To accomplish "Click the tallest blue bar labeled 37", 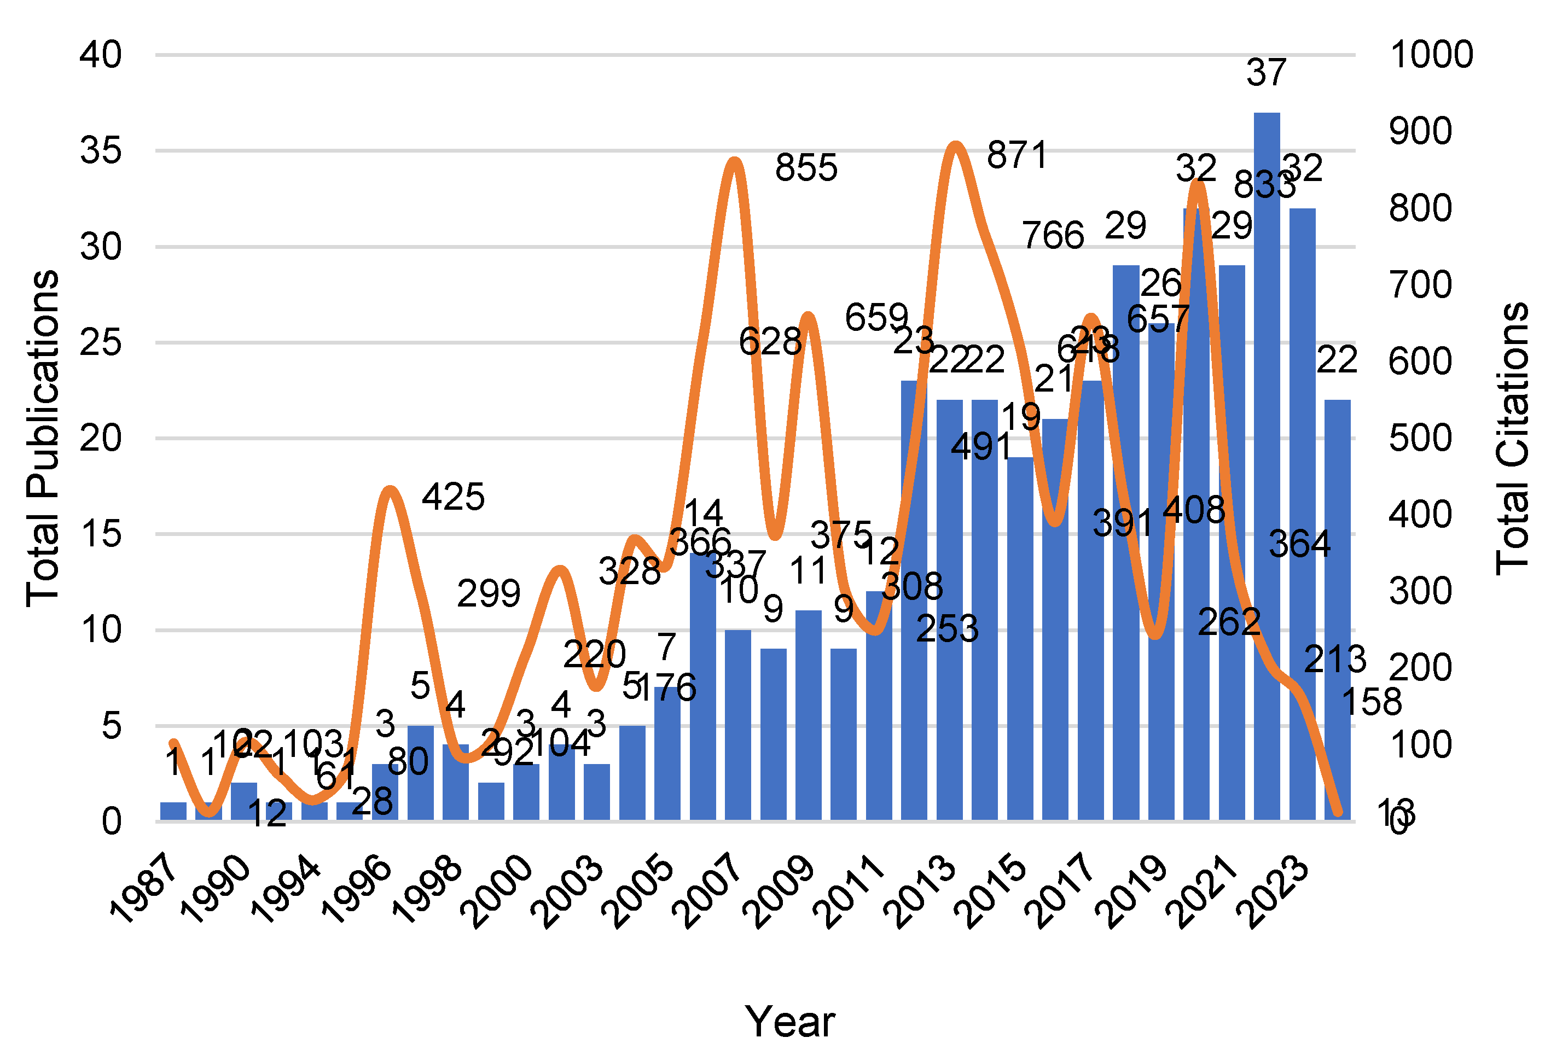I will point(1266,465).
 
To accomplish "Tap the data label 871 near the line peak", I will point(1017,155).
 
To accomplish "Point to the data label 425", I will point(454,497).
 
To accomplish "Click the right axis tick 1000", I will point(1431,55).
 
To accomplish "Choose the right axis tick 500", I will point(1420,438).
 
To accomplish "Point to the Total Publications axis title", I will point(43,439).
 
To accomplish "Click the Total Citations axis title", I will point(1512,439).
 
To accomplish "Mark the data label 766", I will point(1053,235).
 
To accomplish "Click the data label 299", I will point(489,593).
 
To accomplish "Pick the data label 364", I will point(1300,544).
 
